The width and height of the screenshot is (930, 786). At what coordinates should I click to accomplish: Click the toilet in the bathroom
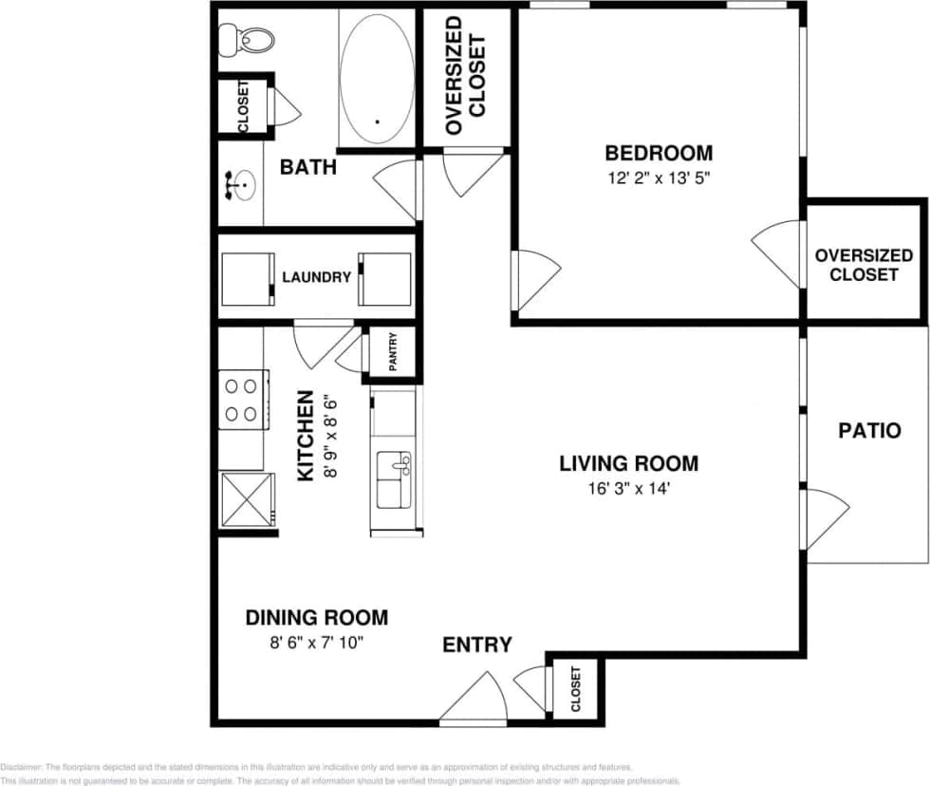(x=246, y=39)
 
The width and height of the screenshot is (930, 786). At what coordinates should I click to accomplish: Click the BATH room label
(x=307, y=168)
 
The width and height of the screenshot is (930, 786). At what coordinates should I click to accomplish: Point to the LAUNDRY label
(x=316, y=278)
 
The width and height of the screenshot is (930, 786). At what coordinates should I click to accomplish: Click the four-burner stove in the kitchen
(x=240, y=400)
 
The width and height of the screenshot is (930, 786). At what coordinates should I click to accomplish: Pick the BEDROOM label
(x=659, y=153)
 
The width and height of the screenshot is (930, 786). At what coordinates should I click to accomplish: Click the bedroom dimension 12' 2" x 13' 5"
(x=659, y=177)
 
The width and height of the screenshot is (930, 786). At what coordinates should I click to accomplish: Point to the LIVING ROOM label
(x=628, y=464)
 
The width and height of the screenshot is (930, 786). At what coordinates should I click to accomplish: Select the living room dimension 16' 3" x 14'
(x=628, y=490)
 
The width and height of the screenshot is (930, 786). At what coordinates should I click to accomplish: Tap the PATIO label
(x=869, y=430)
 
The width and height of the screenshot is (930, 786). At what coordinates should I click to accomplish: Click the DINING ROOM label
(x=317, y=618)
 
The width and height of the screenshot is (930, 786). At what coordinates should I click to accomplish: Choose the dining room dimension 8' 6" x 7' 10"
(x=317, y=643)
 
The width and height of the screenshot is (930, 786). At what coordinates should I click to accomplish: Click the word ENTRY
(x=477, y=646)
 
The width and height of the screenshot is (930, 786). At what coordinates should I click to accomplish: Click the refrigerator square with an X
(x=247, y=499)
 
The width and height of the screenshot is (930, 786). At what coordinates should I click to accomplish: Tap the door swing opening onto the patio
(x=825, y=519)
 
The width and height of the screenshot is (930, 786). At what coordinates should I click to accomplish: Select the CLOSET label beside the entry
(x=575, y=690)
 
